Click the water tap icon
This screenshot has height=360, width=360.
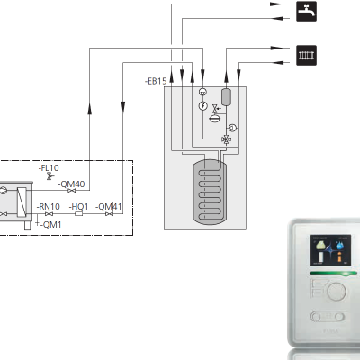(x=306, y=11)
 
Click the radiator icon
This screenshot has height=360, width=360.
(x=306, y=55)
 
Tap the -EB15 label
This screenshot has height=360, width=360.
(x=156, y=81)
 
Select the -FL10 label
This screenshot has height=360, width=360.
(x=49, y=168)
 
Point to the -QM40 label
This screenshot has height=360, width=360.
(x=71, y=184)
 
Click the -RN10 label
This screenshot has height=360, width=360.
(x=49, y=207)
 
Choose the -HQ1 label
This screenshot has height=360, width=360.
(x=79, y=207)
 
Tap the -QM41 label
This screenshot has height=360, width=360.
(x=109, y=207)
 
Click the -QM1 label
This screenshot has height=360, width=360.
(x=51, y=225)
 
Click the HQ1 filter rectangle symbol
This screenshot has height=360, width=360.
(x=78, y=214)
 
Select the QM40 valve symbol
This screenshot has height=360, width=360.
(x=71, y=191)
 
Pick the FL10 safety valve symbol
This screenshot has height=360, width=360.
(x=49, y=176)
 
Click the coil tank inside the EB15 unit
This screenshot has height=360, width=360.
(x=210, y=192)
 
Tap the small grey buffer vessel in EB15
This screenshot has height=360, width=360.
(x=226, y=97)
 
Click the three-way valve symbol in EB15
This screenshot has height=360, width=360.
(x=226, y=139)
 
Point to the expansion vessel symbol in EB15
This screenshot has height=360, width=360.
(x=214, y=119)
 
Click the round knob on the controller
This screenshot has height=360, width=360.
(x=337, y=291)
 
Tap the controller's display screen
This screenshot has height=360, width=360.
(x=330, y=250)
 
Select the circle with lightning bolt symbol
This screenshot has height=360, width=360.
(x=203, y=105)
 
